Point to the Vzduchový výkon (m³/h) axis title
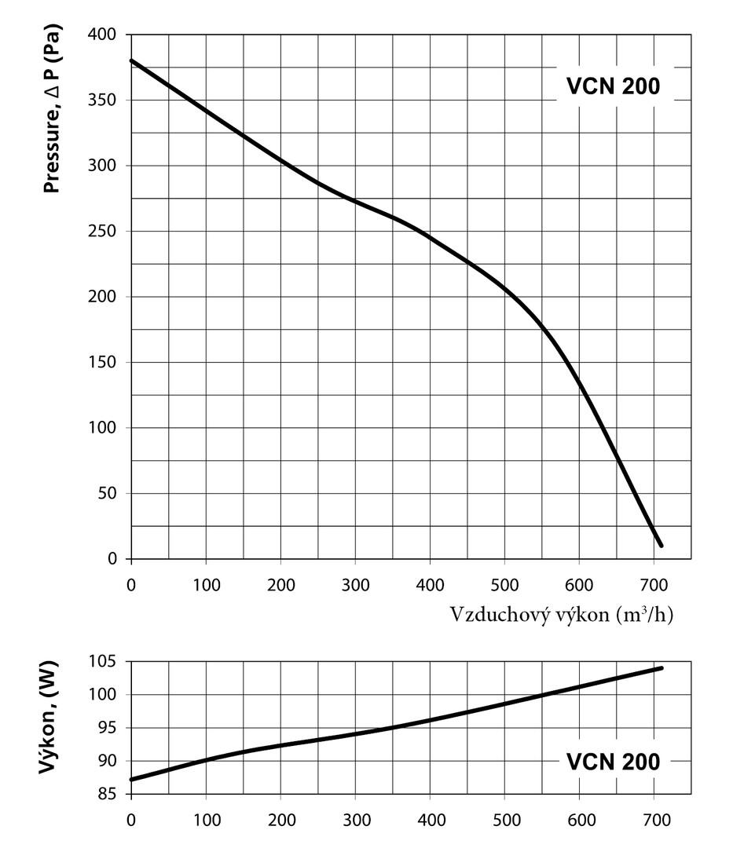[x=562, y=614]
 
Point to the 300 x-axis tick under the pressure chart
[x=355, y=585]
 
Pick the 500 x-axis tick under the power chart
[x=504, y=821]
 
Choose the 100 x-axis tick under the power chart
[x=206, y=821]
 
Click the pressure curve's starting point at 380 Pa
[x=131, y=60]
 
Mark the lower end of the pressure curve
[x=661, y=545]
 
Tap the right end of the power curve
[x=662, y=668]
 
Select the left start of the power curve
[x=131, y=779]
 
